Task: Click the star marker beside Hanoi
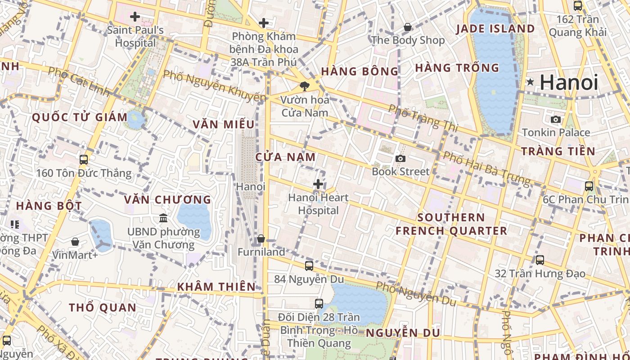pos(531,82)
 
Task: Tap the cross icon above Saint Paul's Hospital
pos(135,17)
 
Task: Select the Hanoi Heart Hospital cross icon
pos(318,184)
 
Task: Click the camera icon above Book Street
pos(400,158)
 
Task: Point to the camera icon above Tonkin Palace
pos(556,119)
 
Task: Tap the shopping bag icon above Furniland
pos(261,238)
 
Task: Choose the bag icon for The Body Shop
pos(408,27)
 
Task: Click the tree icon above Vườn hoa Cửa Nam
pos(305,86)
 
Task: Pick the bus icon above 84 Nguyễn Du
pos(309,265)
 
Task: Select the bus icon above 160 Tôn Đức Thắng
pos(84,159)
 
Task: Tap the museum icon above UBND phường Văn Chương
pos(163,218)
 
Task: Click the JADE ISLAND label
pos(495,29)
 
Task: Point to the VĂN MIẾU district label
pos(224,125)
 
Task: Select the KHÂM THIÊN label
pos(216,287)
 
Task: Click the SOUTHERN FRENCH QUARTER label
pos(451,224)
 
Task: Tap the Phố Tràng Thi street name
pos(423,118)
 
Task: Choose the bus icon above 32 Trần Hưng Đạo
pos(540,260)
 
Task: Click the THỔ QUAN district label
pos(102,308)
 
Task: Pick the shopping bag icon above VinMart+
pos(75,242)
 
